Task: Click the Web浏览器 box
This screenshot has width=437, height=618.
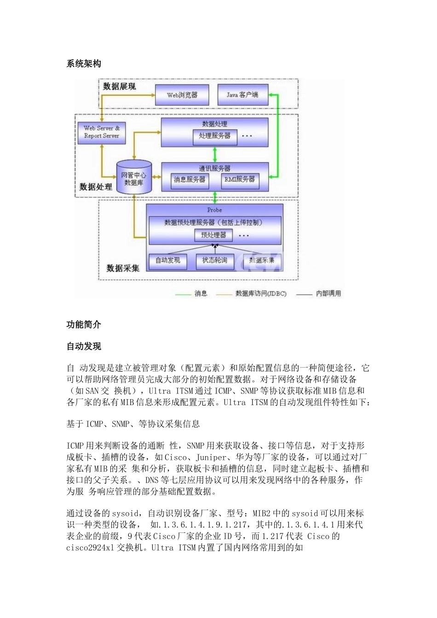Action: [182, 95]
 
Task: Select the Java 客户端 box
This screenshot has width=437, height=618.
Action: [242, 95]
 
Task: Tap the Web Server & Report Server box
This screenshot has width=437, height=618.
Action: [102, 132]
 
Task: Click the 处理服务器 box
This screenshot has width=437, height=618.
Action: [215, 136]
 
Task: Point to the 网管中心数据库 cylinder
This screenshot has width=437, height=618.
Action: [134, 178]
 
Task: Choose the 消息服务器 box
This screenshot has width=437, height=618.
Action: [190, 179]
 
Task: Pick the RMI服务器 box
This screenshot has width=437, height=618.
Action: [240, 179]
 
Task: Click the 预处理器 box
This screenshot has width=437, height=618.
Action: [213, 235]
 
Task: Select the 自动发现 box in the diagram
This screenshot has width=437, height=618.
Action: [167, 260]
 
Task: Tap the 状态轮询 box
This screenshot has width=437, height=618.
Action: [215, 260]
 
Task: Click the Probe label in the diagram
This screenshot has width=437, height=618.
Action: [214, 210]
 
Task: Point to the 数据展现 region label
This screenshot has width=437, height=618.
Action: [120, 86]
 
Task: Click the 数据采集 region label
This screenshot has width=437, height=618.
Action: [123, 268]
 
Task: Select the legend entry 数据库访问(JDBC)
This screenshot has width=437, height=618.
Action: [260, 293]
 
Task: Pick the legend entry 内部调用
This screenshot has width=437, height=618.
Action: [328, 293]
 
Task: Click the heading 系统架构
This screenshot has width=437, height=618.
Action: [84, 64]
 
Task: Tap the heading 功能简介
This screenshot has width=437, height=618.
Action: [84, 325]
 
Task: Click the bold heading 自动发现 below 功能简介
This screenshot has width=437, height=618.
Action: [84, 346]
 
